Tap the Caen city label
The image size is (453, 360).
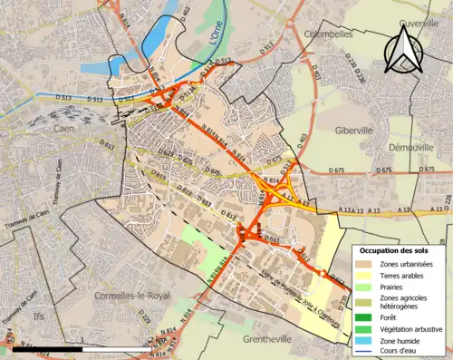63,129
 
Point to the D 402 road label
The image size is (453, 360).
187,14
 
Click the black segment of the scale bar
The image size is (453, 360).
68,349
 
